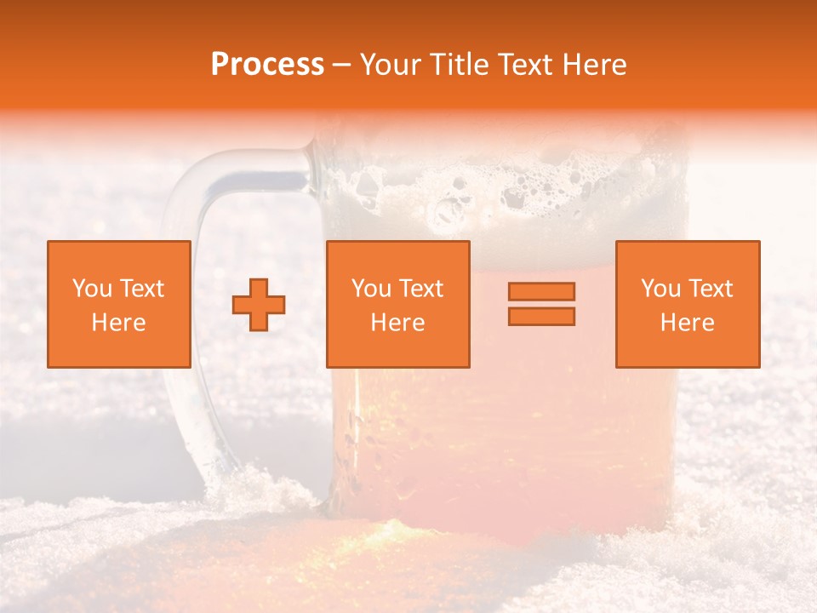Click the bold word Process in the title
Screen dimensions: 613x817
pos(267,65)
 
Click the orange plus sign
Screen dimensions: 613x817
pos(259,304)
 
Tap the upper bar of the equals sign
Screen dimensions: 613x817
pos(541,291)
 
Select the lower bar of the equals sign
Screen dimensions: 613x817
pos(541,316)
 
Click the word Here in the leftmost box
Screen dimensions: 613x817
pos(119,323)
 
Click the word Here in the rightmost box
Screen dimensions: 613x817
pos(688,323)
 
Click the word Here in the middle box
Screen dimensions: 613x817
pos(398,323)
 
